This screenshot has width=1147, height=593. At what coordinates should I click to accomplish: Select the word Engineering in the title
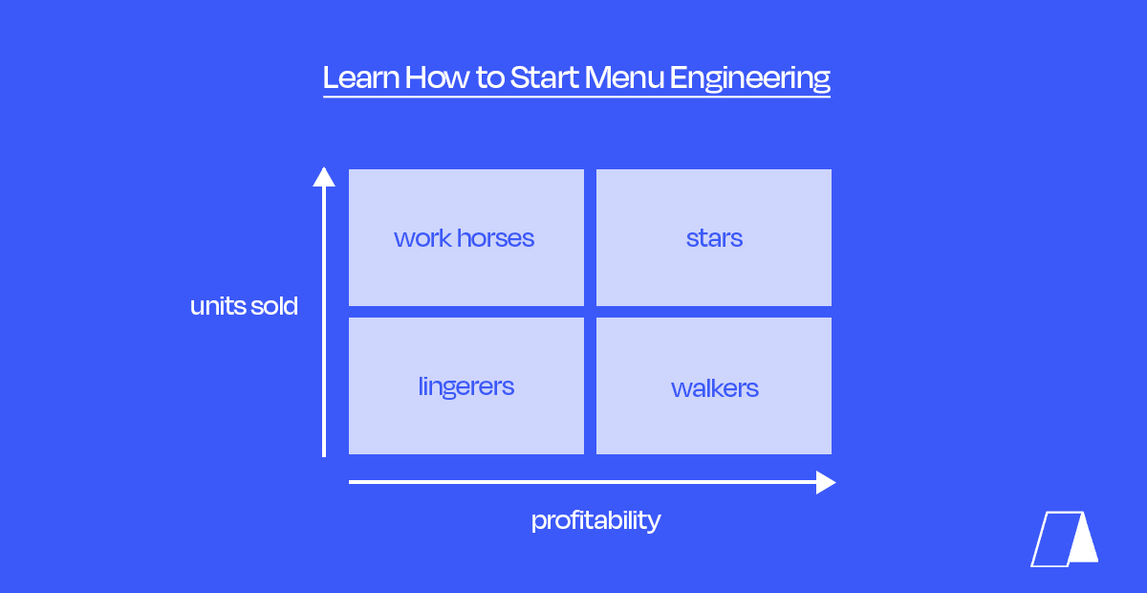pyautogui.click(x=750, y=78)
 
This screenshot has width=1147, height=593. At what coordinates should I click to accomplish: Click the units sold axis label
pyautogui.click(x=244, y=307)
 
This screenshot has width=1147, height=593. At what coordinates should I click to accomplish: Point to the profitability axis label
pyautogui.click(x=595, y=520)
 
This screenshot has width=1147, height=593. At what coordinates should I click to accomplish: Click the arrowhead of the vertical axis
pyautogui.click(x=324, y=177)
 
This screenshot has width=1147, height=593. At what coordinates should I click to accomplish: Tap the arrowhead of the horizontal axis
pyautogui.click(x=825, y=482)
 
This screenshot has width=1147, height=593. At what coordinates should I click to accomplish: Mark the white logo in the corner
pyautogui.click(x=1064, y=539)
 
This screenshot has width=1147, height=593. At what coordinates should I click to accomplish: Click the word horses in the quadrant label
pyautogui.click(x=495, y=238)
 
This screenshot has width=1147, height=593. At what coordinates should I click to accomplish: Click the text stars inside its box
pyautogui.click(x=714, y=238)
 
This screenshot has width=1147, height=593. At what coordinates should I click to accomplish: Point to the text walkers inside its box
pyautogui.click(x=714, y=388)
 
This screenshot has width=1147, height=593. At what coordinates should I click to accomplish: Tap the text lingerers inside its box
pyautogui.click(x=466, y=387)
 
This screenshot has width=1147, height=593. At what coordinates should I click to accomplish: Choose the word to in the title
pyautogui.click(x=489, y=77)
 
